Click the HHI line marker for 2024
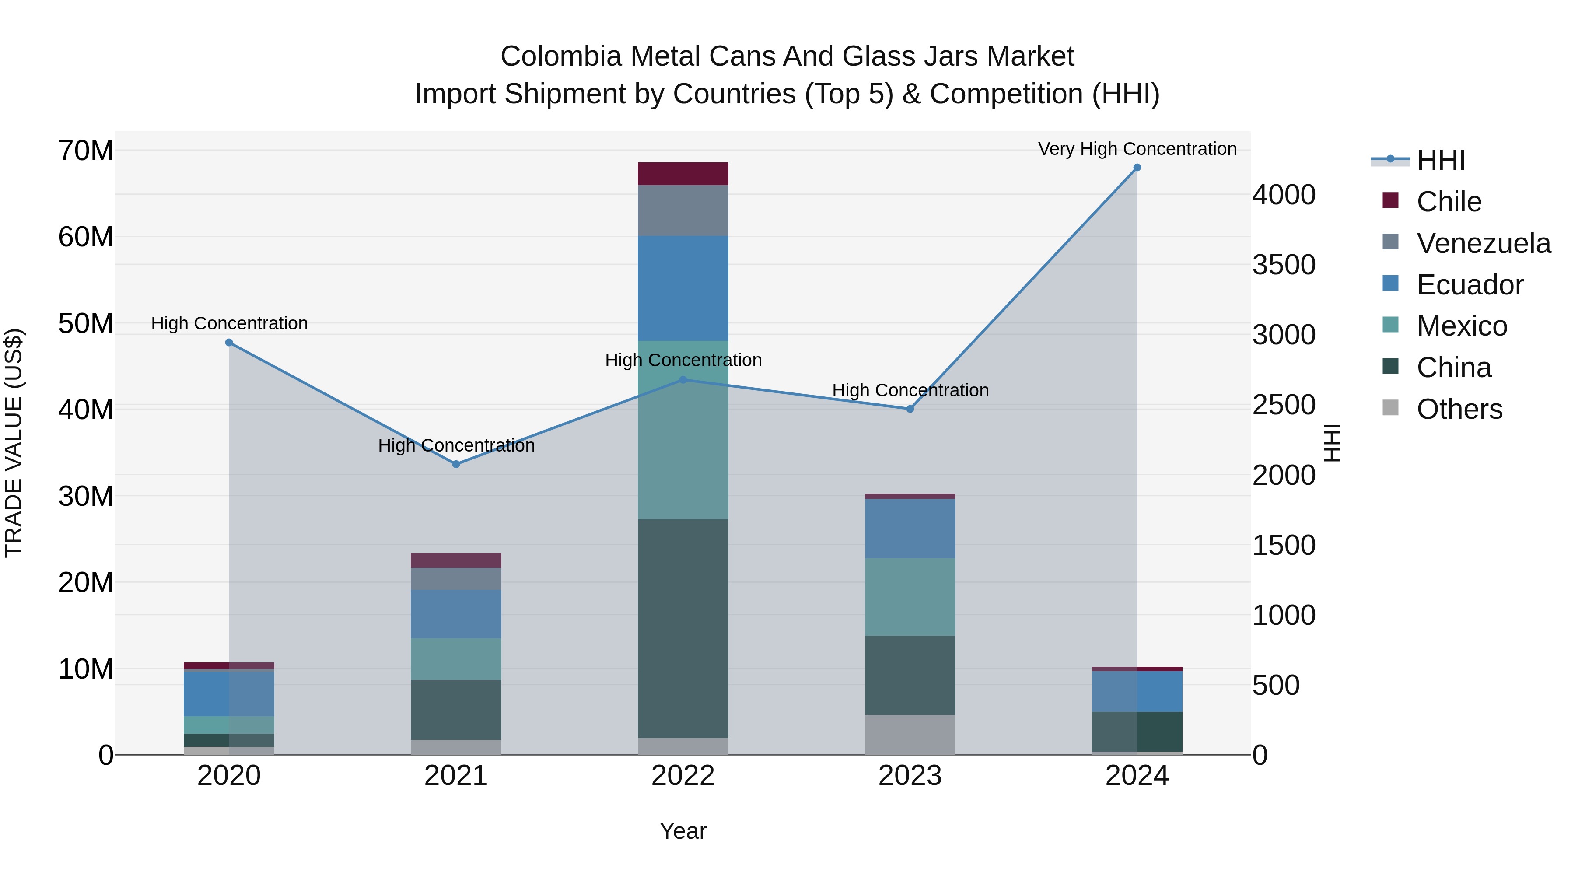pyautogui.click(x=1137, y=168)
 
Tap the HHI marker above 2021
pyautogui.click(x=456, y=464)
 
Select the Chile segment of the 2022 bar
pyautogui.click(x=683, y=174)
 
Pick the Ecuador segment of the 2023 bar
pyautogui.click(x=910, y=528)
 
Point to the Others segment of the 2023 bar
pyautogui.click(x=910, y=734)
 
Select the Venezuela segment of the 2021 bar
pyautogui.click(x=456, y=578)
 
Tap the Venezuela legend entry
pyautogui.click(x=1483, y=243)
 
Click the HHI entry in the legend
pyautogui.click(x=1441, y=160)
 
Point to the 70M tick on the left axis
pyautogui.click(x=86, y=151)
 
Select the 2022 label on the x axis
pyautogui.click(x=683, y=776)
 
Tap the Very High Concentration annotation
pyautogui.click(x=1137, y=149)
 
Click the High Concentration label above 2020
pyautogui.click(x=229, y=323)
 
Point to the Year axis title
pyautogui.click(x=683, y=831)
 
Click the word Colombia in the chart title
pyautogui.click(x=561, y=56)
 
